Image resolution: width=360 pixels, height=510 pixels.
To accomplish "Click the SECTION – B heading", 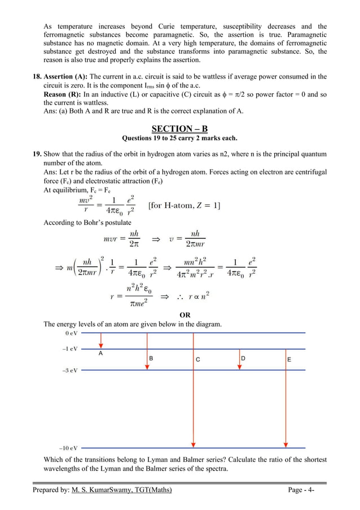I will click(179, 129).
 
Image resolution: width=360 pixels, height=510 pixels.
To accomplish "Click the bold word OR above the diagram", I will click(185, 315).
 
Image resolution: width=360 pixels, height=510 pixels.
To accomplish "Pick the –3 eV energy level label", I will click(69, 370).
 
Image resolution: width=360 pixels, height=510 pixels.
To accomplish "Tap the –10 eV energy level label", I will click(68, 447).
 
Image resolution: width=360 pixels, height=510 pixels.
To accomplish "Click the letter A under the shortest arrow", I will click(100, 354).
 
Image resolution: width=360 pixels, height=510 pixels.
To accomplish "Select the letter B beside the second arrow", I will click(151, 359).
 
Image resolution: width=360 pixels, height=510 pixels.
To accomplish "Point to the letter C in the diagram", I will click(197, 359).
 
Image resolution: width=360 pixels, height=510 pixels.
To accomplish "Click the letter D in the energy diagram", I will click(243, 359).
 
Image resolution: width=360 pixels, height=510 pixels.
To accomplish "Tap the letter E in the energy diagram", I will click(289, 359).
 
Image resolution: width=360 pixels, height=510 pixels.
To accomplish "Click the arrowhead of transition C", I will click(194, 444).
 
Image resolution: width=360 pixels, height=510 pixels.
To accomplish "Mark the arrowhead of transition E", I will click(287, 444).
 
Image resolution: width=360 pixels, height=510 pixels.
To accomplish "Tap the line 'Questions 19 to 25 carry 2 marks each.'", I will click(179, 139).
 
